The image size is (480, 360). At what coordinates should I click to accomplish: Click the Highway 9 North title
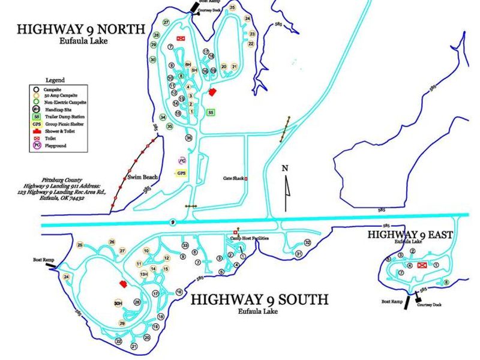click(x=80, y=29)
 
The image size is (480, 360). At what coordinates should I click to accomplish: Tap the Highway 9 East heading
click(x=410, y=235)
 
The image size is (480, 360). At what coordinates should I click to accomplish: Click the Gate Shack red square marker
click(x=245, y=179)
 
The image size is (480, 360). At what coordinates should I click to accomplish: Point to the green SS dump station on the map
click(x=211, y=112)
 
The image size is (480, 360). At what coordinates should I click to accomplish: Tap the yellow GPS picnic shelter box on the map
click(x=181, y=173)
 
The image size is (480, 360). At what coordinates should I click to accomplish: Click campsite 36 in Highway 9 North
click(x=189, y=137)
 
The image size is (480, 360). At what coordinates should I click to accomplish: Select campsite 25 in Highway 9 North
click(x=232, y=8)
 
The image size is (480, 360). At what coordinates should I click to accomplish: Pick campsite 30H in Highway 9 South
click(x=118, y=304)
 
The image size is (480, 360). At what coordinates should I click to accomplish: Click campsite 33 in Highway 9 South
click(x=185, y=245)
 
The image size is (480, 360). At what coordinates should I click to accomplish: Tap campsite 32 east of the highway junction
click(x=307, y=242)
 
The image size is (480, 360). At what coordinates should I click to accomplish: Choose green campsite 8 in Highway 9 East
click(x=446, y=283)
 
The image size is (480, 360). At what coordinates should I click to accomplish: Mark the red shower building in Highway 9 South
click(x=124, y=284)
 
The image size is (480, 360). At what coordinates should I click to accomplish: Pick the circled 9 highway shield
click(x=172, y=222)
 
